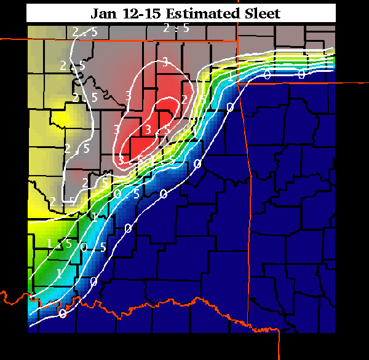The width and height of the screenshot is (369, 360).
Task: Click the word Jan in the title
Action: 105,13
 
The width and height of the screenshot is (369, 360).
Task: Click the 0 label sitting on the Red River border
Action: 62,313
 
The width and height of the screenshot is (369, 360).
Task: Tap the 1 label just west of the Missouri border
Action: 230,76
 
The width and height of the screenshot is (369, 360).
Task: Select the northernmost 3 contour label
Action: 165,61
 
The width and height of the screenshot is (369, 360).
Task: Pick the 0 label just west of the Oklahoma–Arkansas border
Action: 231,107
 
